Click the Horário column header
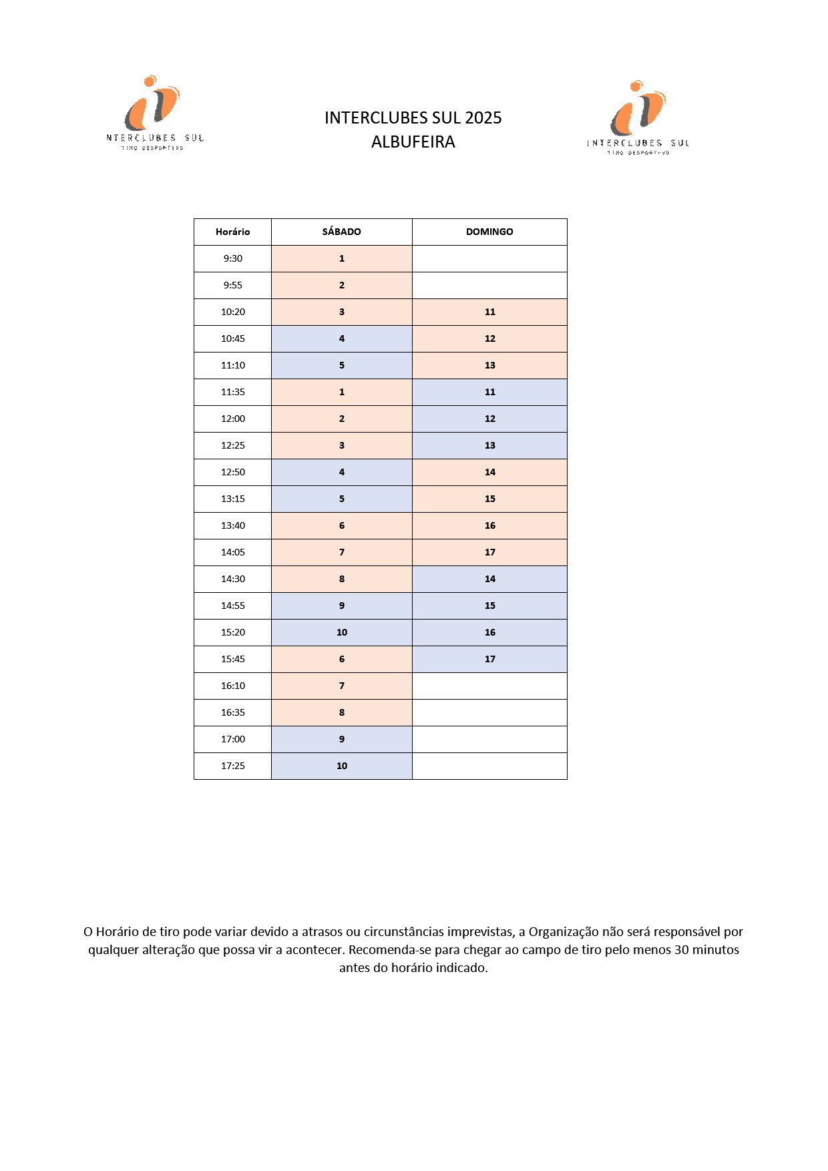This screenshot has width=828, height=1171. point(232,232)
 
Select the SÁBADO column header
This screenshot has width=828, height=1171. point(341,232)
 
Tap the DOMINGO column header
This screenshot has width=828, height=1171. point(489,232)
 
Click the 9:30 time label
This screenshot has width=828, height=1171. point(232,258)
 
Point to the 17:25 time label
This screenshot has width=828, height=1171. point(232,766)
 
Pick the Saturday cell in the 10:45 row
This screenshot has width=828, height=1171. point(341,338)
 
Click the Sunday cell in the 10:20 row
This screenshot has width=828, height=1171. point(489,312)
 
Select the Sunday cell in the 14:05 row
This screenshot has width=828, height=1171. point(489,552)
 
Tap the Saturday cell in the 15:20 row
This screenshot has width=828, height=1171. point(341,632)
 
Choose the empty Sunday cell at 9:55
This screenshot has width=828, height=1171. point(489,285)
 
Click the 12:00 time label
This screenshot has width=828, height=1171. point(232,419)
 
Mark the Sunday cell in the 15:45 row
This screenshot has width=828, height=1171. point(489,659)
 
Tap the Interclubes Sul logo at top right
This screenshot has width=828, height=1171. point(638,118)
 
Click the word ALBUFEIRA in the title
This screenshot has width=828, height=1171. point(413,142)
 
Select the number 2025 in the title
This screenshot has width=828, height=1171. point(483,118)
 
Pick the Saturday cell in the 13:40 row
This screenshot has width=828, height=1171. point(341,525)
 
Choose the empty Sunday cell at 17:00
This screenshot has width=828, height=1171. point(489,739)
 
